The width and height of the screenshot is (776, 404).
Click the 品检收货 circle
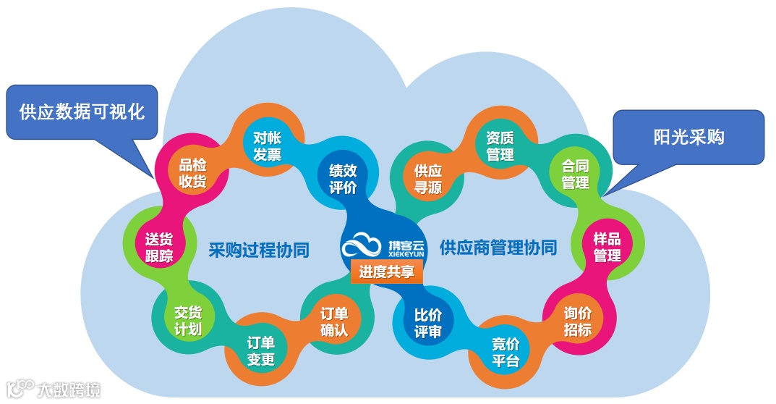coord(192,173)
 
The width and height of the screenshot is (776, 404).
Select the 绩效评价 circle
coord(343,179)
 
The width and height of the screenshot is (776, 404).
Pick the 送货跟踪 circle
coord(159,246)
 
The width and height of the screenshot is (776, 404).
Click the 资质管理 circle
coord(500,145)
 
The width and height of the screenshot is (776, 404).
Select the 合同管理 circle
coord(576,174)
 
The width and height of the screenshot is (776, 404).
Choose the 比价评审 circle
coord(428,324)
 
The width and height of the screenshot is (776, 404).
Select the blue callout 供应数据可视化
coord(82,111)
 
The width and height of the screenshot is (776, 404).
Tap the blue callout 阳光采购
coord(688,136)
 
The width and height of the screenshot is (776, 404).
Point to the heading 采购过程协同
coord(259,250)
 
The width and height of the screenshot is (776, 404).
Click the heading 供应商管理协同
coord(498,248)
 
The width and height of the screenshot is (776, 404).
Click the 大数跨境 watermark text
coord(69,390)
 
